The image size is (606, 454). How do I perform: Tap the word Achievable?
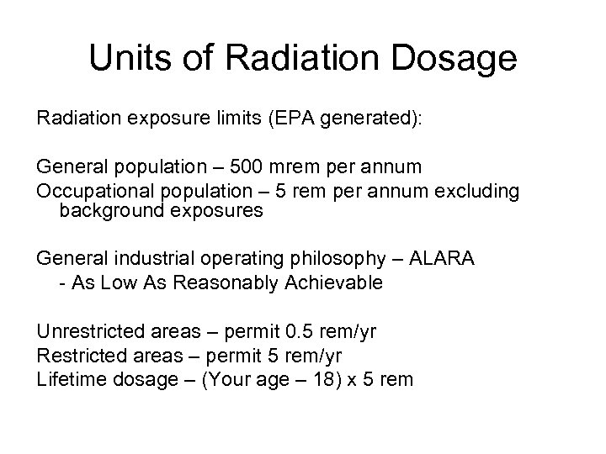[x=336, y=282]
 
